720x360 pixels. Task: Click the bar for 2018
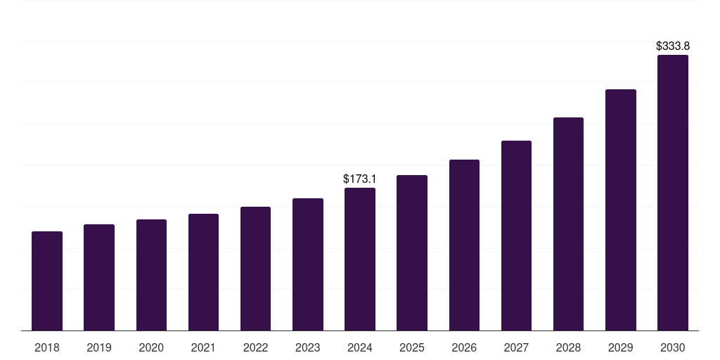(x=47, y=281)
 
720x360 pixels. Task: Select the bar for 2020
(x=151, y=275)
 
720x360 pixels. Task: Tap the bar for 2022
(x=255, y=269)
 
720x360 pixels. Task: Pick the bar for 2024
(x=360, y=259)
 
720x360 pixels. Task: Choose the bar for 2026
(x=464, y=245)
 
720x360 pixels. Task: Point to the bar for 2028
(x=568, y=224)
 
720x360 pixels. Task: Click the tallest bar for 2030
(x=672, y=193)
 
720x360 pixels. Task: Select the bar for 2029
(x=620, y=210)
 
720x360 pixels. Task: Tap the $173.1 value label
(x=360, y=179)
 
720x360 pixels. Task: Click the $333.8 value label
(x=672, y=46)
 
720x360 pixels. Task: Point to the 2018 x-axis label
(x=47, y=348)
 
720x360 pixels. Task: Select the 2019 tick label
(x=99, y=348)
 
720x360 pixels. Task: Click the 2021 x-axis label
(x=203, y=348)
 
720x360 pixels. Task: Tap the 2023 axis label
(x=307, y=348)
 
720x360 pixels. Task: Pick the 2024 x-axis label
(x=360, y=348)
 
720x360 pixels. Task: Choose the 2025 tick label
(x=412, y=348)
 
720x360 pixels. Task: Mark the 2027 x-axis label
(x=516, y=348)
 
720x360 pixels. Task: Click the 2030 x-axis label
(x=672, y=348)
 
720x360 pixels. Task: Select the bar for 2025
(x=412, y=253)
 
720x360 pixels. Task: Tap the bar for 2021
(x=203, y=272)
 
